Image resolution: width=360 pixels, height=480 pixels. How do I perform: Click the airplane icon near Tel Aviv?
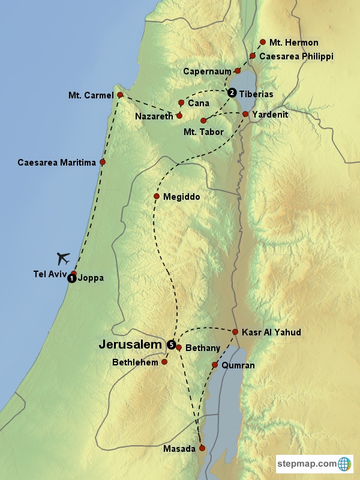pyautogui.click(x=64, y=259)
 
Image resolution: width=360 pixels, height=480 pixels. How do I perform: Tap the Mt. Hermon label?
pyautogui.click(x=293, y=43)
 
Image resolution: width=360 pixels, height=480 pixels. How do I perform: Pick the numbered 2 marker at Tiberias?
pyautogui.click(x=232, y=92)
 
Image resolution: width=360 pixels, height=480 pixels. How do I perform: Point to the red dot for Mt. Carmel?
pyautogui.click(x=120, y=95)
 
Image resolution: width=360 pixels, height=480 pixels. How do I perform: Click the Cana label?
pyautogui.click(x=199, y=103)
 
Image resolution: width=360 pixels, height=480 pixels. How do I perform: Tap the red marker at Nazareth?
pyautogui.click(x=179, y=115)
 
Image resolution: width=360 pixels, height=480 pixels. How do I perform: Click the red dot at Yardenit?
pyautogui.click(x=245, y=113)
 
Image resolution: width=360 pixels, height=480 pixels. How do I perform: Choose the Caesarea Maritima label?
pyautogui.click(x=56, y=163)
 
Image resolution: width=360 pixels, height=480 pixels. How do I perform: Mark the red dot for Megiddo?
pyautogui.click(x=156, y=197)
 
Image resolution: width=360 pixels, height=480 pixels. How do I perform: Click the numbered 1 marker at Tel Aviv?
pyautogui.click(x=71, y=278)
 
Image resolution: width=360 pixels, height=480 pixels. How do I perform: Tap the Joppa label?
pyautogui.click(x=91, y=278)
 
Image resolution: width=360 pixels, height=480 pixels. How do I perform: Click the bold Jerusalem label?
pyautogui.click(x=130, y=345)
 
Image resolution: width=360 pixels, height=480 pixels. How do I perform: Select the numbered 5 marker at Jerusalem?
pyautogui.click(x=171, y=345)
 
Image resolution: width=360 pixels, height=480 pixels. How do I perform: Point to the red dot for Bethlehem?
pyautogui.click(x=164, y=362)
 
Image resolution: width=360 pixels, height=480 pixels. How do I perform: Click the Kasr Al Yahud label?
pyautogui.click(x=271, y=332)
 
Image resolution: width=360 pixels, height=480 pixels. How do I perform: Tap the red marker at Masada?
pyautogui.click(x=202, y=448)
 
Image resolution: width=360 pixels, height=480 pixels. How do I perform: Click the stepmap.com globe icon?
pyautogui.click(x=344, y=463)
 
